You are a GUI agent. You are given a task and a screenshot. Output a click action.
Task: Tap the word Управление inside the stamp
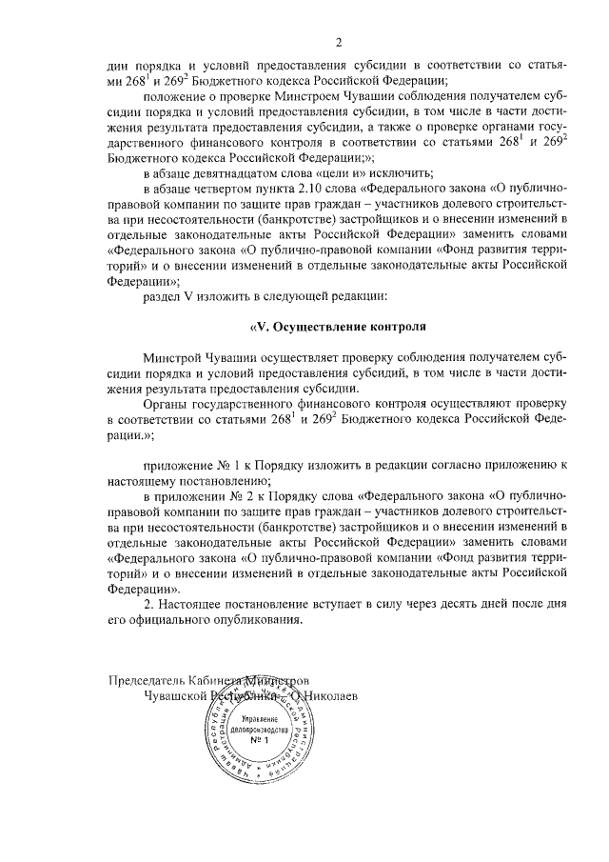point(260,717)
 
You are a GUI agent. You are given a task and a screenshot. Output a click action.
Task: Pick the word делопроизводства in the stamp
point(260,729)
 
